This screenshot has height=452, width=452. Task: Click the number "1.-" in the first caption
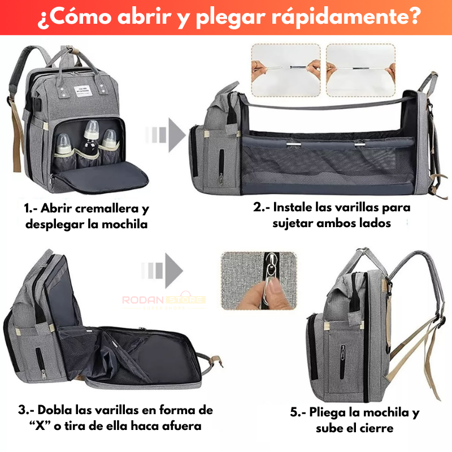point(34,209)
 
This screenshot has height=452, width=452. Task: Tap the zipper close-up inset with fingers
point(259,281)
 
